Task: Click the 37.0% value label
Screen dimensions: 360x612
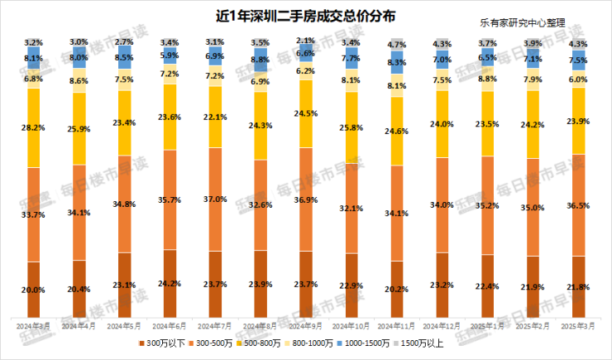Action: pos(215,199)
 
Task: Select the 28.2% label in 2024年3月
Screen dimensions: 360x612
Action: pos(34,128)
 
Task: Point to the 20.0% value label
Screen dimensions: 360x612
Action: pos(34,290)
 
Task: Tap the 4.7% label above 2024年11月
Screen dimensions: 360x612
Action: pos(396,44)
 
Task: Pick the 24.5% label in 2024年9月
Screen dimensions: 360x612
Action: pos(305,113)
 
